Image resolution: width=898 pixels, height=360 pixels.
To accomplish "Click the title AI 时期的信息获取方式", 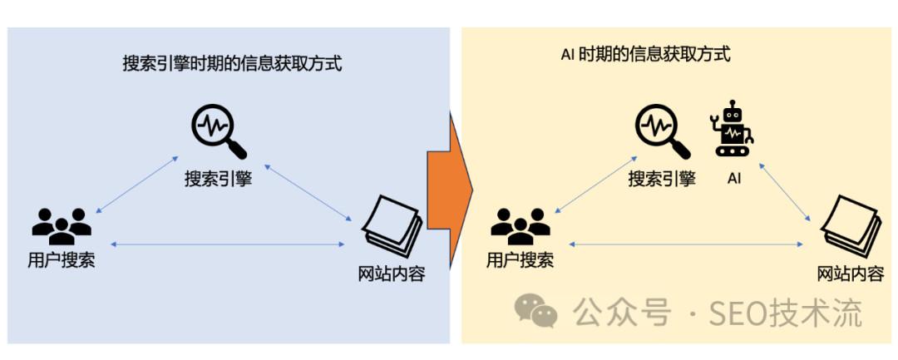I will coord(645,56).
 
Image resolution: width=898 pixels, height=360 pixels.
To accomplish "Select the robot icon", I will coord(733,131).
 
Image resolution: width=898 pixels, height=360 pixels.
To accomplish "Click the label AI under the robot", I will coord(734,179).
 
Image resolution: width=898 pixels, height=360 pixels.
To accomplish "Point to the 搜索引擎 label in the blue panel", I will coord(219,179).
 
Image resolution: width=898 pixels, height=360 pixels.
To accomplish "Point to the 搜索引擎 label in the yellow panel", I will coord(662,179).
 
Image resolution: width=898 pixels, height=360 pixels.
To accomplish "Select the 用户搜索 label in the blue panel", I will coord(61,259).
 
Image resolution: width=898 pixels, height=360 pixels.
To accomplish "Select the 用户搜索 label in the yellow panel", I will coord(521,259).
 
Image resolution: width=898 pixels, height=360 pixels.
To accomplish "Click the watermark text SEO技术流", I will coord(786,313).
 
